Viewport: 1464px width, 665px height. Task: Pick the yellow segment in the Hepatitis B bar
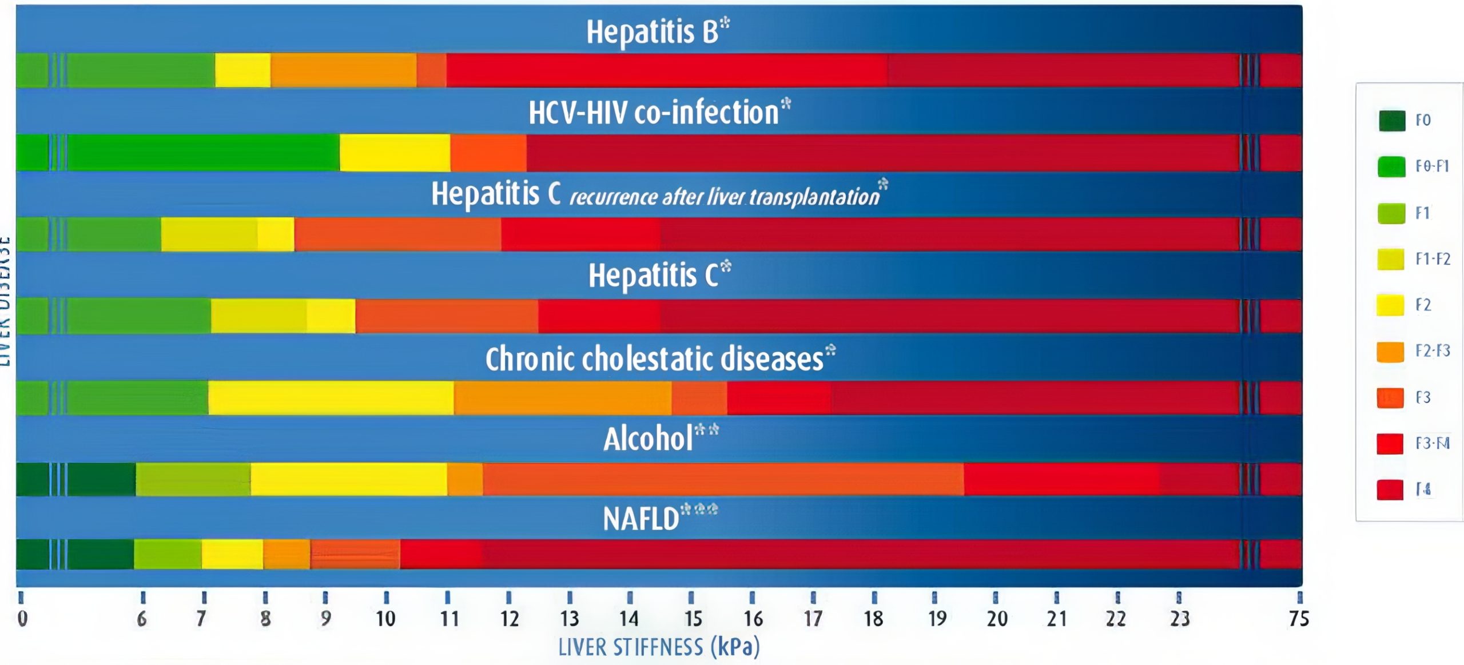click(242, 70)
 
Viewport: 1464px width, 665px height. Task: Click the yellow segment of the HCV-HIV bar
click(395, 153)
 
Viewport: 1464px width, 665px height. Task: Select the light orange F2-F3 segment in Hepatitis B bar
click(343, 70)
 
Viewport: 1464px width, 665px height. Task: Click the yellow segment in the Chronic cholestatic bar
click(331, 398)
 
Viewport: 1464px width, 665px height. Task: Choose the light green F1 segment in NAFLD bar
click(168, 554)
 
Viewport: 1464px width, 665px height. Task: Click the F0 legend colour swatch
click(1392, 121)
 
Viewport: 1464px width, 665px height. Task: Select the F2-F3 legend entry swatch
click(1390, 352)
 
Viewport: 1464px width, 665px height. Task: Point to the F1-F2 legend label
click(1433, 259)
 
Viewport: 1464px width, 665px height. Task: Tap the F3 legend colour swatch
click(1390, 398)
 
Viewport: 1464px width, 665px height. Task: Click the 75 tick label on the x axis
click(1299, 619)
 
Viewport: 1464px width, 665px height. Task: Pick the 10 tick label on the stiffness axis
click(385, 619)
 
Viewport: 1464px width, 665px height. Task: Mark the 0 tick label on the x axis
click(22, 619)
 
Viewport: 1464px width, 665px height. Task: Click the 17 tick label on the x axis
click(813, 619)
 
